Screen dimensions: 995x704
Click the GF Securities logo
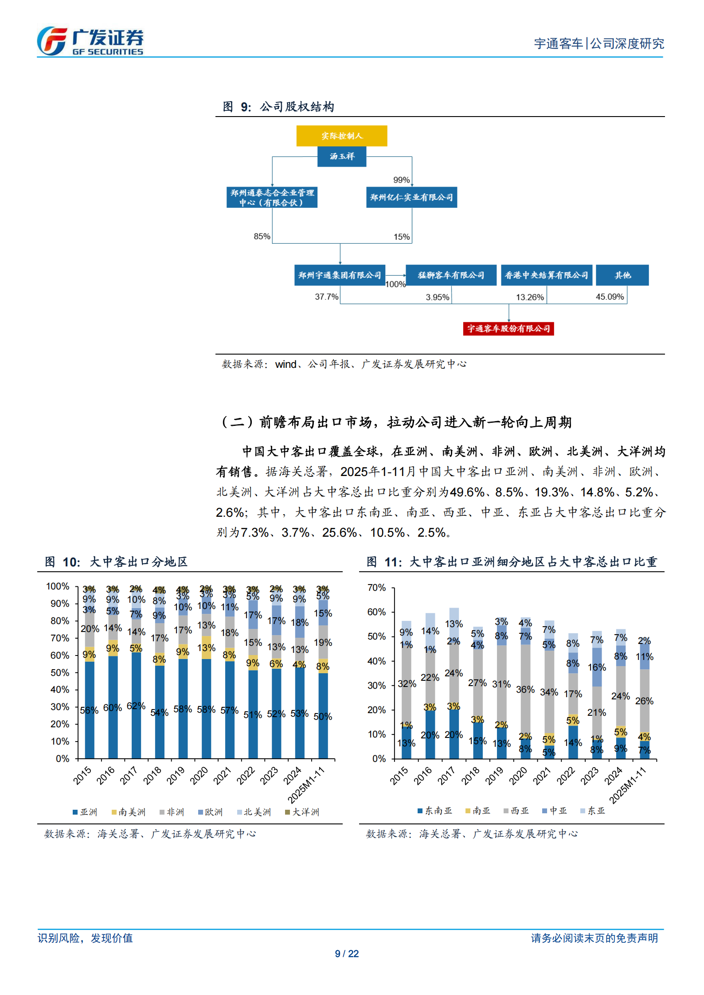click(90, 41)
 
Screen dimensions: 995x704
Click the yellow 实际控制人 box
click(341, 136)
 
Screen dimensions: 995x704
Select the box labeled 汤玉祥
click(341, 156)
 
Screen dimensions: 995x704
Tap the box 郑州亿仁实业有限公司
click(411, 197)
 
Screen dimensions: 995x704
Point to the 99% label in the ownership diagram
click(401, 180)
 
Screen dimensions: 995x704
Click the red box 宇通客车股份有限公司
click(508, 328)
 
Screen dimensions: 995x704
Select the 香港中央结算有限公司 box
click(546, 275)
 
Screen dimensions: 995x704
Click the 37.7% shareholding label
click(326, 297)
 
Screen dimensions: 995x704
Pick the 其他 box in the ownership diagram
click(622, 275)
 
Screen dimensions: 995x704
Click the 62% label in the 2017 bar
click(136, 706)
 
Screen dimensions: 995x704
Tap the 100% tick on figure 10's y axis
click(58, 586)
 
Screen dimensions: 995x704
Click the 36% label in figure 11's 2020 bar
click(525, 690)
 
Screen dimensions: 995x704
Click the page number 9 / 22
click(347, 953)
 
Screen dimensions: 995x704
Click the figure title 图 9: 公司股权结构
click(278, 107)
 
